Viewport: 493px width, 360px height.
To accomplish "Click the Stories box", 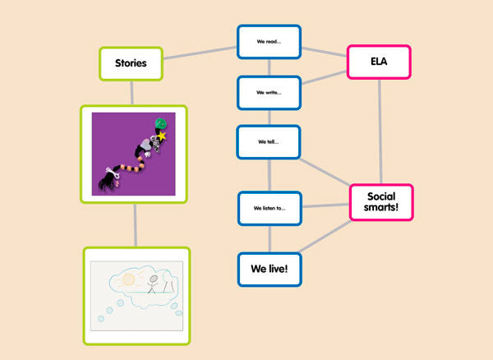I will (130, 63).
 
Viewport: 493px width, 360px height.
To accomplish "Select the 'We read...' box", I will (269, 41).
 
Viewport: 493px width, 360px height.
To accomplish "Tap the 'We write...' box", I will (269, 92).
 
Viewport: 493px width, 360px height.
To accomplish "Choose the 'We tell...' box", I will (269, 141).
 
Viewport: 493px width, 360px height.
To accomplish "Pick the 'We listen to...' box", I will (270, 208).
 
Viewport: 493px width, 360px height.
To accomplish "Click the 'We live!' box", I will (270, 269).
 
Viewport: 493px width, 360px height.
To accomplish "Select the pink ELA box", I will (379, 62).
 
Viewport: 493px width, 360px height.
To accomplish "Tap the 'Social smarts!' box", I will (380, 202).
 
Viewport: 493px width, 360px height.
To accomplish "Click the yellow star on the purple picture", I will (163, 135).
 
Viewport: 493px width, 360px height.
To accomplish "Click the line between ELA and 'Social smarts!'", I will (380, 132).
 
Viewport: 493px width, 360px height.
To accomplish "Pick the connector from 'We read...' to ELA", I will (324, 50).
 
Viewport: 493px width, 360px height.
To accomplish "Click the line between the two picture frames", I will (135, 224).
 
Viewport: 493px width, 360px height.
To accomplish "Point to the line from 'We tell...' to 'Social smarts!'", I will (325, 172).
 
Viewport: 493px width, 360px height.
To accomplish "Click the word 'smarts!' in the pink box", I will (380, 209).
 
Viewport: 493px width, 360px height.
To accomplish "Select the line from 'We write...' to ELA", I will (324, 79).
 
